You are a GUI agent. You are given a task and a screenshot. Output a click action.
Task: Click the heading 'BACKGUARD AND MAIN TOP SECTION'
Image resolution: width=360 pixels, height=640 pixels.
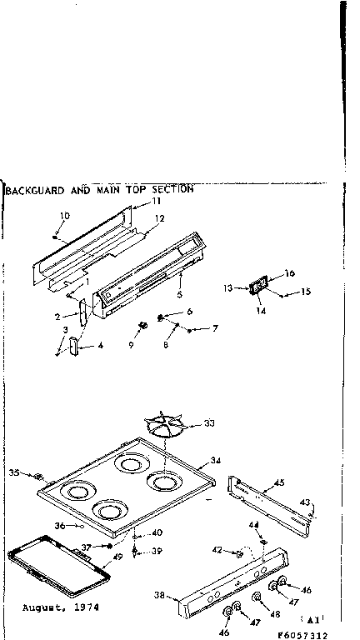click(x=99, y=189)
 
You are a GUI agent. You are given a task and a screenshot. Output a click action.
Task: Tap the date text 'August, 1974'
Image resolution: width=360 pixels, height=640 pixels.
click(x=61, y=607)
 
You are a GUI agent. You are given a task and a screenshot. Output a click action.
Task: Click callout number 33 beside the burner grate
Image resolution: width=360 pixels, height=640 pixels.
click(x=208, y=423)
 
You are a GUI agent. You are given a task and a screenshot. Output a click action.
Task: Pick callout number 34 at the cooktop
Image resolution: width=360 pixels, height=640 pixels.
click(x=215, y=460)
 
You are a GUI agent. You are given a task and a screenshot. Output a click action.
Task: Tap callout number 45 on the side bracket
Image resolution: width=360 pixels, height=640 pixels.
click(x=279, y=482)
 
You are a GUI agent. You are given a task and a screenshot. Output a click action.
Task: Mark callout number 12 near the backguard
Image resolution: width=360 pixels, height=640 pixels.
click(x=160, y=218)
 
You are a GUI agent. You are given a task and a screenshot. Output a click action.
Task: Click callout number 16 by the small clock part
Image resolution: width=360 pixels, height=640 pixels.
click(x=290, y=273)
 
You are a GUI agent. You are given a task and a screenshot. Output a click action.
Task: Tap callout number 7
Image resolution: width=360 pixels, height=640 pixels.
click(x=214, y=328)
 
